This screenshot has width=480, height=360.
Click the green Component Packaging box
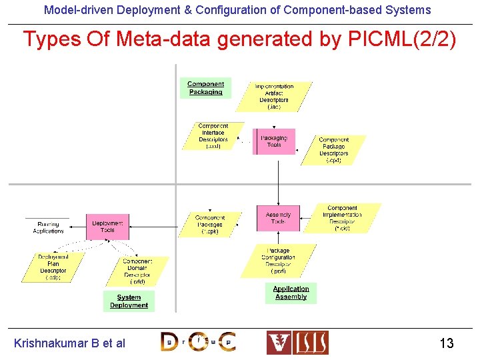tap(205, 88)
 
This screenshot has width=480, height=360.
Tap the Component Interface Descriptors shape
tap(213, 136)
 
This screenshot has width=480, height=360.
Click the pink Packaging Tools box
tap(274, 141)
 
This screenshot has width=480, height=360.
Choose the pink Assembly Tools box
tap(278, 218)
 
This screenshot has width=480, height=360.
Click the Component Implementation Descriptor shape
tap(342, 218)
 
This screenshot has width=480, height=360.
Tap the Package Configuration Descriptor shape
tap(278, 261)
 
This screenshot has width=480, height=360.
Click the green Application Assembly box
tap(291, 293)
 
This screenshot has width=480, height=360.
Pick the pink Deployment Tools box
tap(107, 227)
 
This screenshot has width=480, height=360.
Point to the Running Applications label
tap(48, 227)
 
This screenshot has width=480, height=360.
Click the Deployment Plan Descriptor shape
tap(53, 267)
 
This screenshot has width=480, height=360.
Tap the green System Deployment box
tap(129, 301)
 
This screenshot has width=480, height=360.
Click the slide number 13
tap(446, 343)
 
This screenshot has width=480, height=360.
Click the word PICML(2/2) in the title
tap(402, 40)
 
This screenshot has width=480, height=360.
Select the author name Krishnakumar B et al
tap(69, 343)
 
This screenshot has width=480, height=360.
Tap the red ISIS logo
tap(297, 342)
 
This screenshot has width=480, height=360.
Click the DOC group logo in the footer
tap(198, 342)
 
